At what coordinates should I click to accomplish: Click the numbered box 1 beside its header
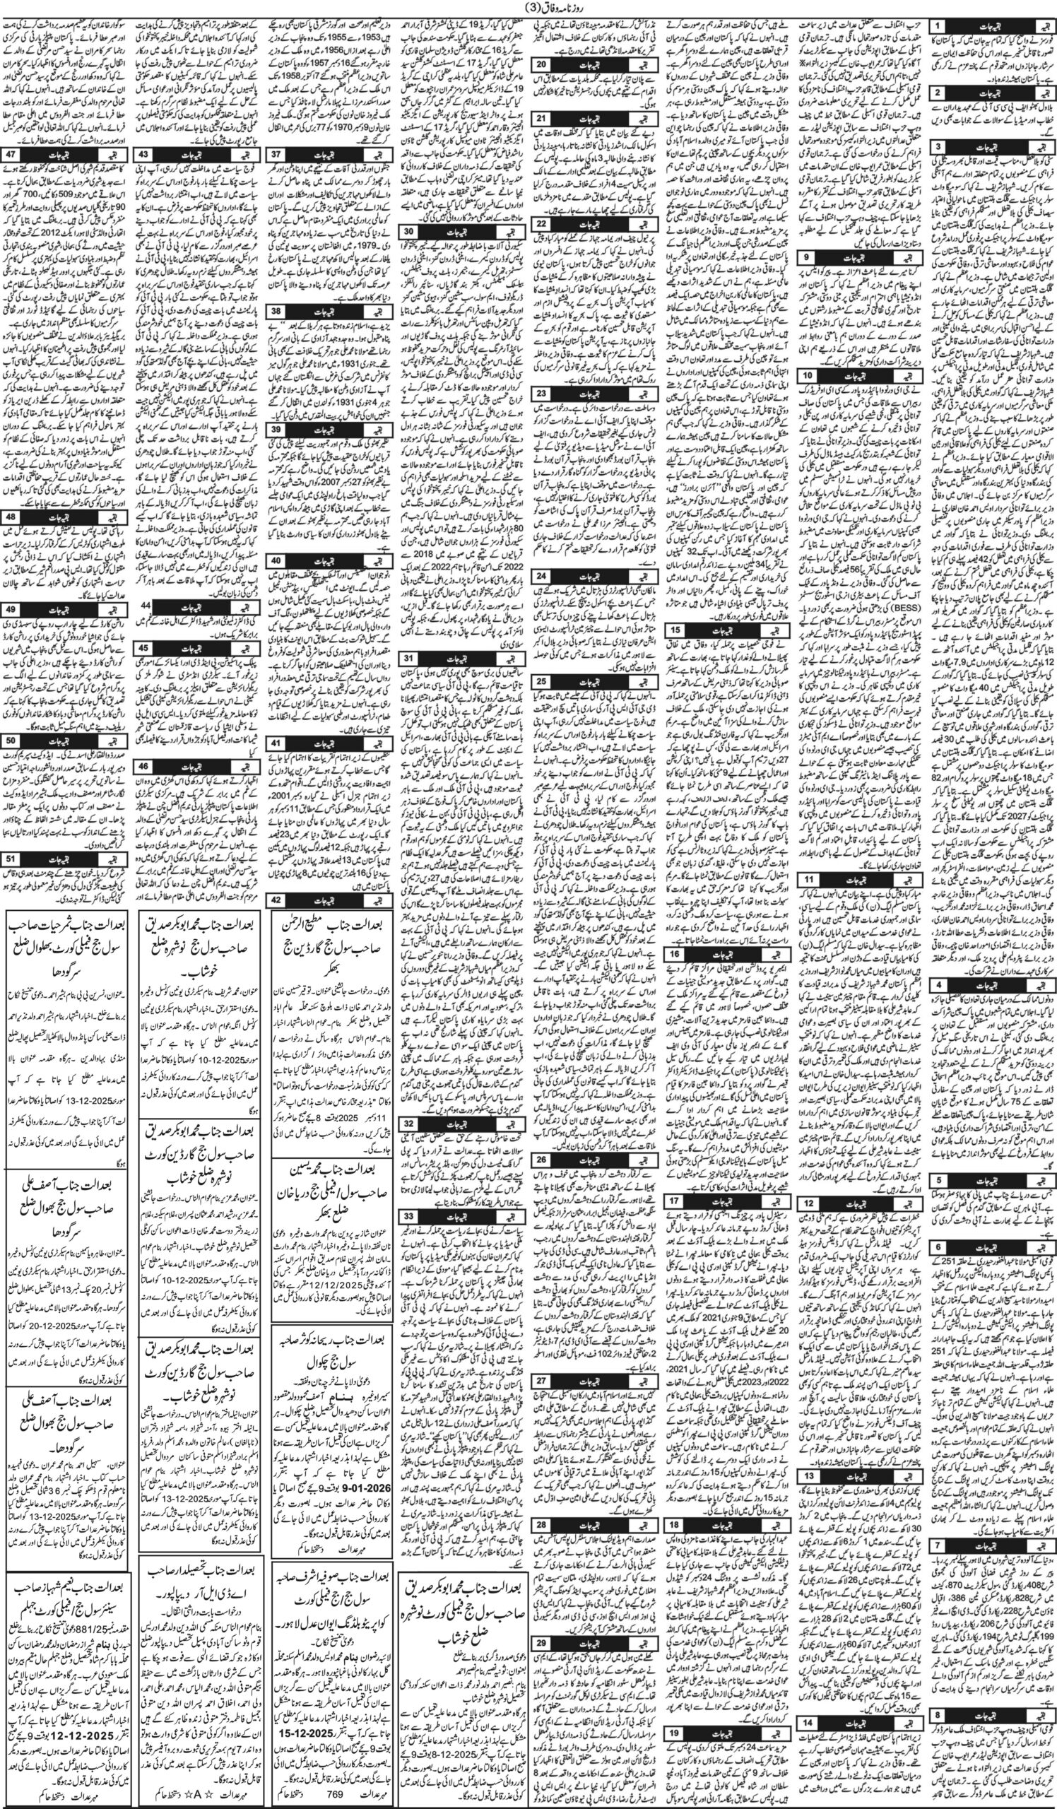[937, 26]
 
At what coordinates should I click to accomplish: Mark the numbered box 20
[542, 63]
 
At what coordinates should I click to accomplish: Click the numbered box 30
[408, 231]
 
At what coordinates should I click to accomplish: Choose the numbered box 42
[276, 879]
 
